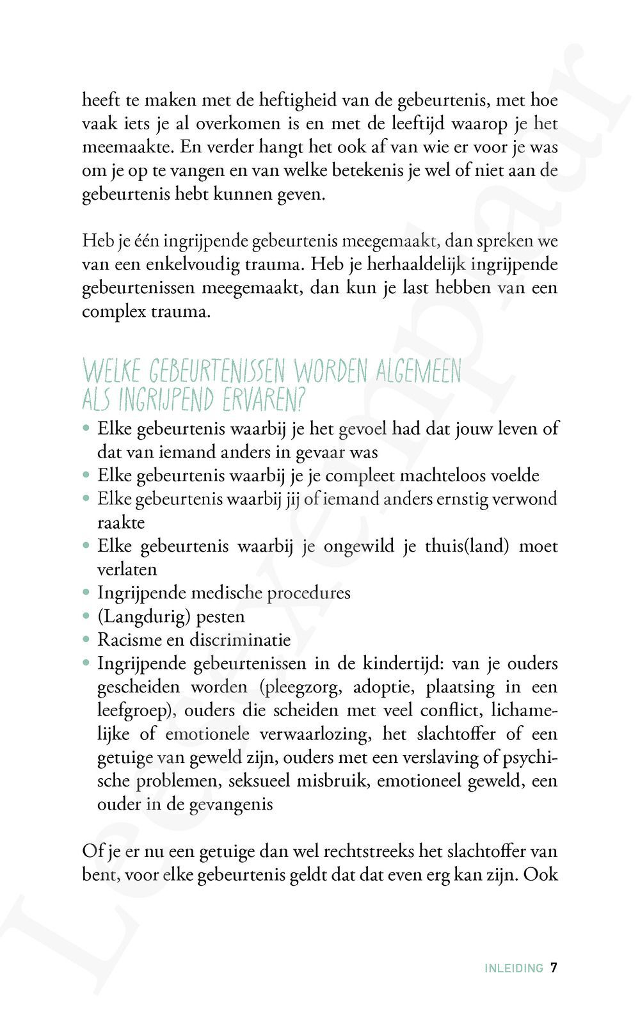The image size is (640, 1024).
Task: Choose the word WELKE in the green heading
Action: pos(112,371)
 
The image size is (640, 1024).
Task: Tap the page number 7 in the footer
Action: pos(554,968)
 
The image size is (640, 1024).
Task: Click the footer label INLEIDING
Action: pos(513,968)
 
